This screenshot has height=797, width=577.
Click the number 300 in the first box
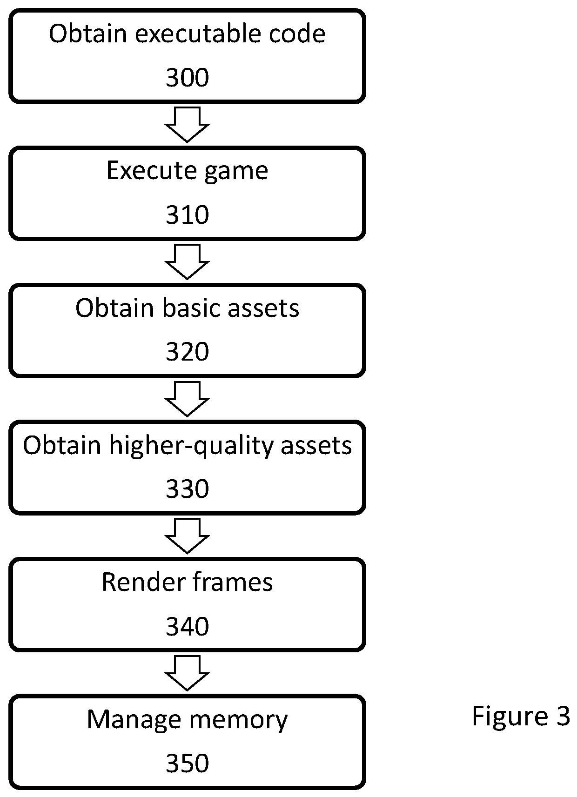pyautogui.click(x=187, y=77)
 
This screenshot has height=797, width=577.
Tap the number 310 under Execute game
pyautogui.click(x=187, y=214)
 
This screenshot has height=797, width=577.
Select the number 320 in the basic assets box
pyautogui.click(x=187, y=351)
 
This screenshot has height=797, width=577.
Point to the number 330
pyautogui.click(x=187, y=489)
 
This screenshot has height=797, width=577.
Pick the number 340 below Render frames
pyautogui.click(x=187, y=626)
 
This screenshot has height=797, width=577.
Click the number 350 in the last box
pyautogui.click(x=187, y=763)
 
